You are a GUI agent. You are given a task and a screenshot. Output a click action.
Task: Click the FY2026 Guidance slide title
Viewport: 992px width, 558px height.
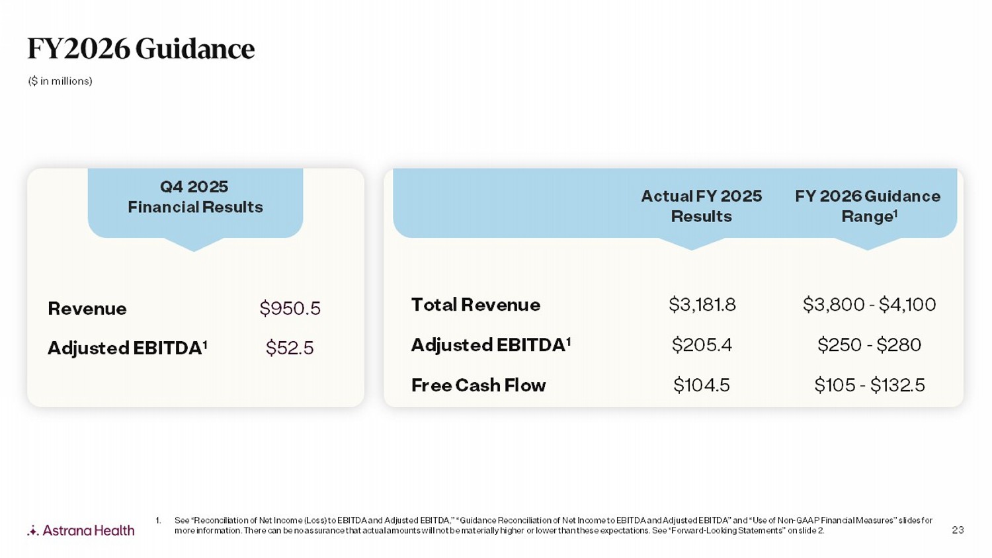[x=140, y=48]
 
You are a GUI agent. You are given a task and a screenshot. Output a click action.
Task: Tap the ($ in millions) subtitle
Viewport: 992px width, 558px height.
[x=60, y=81]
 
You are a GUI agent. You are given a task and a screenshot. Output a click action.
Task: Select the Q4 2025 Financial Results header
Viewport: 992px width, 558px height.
[x=195, y=197]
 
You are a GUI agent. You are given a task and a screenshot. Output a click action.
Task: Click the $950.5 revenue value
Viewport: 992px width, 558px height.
[x=290, y=308]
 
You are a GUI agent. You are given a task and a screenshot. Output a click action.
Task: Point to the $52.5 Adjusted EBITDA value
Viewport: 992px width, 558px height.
[x=290, y=348]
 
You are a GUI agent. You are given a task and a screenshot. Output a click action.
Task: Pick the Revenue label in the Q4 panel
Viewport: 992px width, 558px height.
[x=87, y=309]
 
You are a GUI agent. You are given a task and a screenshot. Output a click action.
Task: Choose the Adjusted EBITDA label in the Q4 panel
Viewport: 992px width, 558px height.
[x=127, y=348]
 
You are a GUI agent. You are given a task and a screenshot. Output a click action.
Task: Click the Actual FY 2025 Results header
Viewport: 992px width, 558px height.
[x=701, y=206]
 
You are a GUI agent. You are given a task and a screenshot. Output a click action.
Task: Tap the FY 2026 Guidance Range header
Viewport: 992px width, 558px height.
[x=868, y=206]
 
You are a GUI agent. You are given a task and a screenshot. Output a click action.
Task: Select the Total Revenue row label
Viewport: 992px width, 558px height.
[x=475, y=305]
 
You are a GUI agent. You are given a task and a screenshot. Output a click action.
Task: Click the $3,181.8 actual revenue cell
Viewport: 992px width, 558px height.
[x=702, y=305]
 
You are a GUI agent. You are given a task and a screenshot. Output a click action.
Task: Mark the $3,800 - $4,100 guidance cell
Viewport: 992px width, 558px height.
[x=869, y=305]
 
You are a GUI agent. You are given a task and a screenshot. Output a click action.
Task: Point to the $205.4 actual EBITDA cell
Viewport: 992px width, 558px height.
[x=702, y=345]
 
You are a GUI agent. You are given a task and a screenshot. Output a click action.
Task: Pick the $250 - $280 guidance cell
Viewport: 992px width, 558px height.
[x=869, y=345]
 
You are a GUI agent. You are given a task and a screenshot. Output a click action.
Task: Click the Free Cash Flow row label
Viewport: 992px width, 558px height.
[x=478, y=385]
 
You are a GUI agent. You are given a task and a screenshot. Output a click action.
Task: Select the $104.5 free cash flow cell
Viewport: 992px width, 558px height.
[x=702, y=385]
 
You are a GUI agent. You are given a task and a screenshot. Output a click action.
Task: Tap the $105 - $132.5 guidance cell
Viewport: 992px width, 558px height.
[x=869, y=385]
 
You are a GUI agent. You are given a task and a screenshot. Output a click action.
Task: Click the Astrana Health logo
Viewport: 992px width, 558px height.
[x=81, y=530]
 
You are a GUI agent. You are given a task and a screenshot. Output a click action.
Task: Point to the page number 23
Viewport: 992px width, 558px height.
[x=958, y=530]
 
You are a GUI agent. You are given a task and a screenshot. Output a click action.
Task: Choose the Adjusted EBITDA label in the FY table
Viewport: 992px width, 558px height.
[x=491, y=345]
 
